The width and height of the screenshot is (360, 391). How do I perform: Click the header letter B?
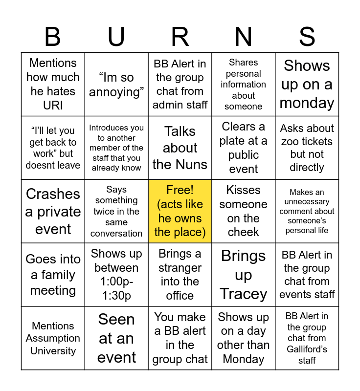point(53,37)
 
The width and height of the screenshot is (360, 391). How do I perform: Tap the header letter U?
point(116,37)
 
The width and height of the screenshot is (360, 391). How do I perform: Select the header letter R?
point(180,37)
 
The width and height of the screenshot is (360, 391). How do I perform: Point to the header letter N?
point(244,37)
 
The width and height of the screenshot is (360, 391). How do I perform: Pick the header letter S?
point(307,37)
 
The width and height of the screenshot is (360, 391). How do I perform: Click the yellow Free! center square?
point(180,211)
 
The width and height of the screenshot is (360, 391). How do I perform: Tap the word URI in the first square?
point(53,105)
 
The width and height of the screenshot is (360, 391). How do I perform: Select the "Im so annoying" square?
point(116,85)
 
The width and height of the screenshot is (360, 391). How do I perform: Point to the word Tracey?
point(244,294)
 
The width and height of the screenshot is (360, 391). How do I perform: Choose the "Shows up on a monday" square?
point(307,85)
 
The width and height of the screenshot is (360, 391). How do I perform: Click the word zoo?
point(292,141)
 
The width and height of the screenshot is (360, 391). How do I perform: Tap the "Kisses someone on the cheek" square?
point(244,211)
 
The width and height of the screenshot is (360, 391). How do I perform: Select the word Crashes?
point(53,194)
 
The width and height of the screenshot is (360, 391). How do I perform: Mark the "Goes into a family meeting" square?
point(53,275)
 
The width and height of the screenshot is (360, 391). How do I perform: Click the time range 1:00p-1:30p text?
point(116,289)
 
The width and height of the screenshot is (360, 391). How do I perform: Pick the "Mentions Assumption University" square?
point(53,338)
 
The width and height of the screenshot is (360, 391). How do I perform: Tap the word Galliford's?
point(307,349)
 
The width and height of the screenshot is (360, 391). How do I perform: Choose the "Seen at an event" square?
point(116,338)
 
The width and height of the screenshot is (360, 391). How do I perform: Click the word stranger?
point(180,268)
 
